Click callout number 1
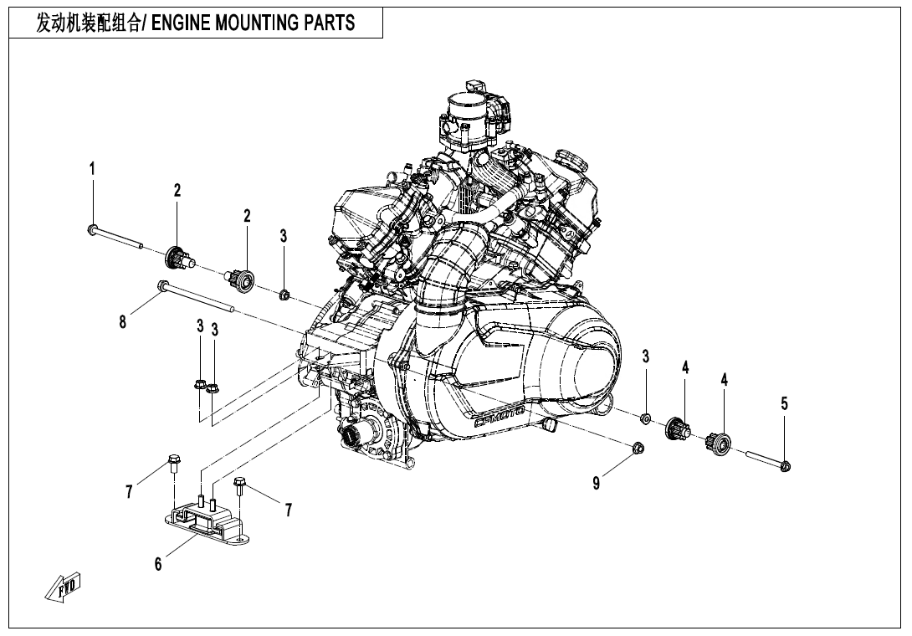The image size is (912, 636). click(92, 168)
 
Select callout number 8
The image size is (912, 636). click(123, 321)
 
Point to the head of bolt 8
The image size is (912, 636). click(159, 287)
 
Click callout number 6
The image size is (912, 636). click(158, 564)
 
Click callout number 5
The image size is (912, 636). click(784, 403)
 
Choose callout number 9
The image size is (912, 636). click(596, 483)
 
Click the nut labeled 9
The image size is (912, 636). click(637, 447)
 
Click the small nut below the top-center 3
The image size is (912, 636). click(284, 294)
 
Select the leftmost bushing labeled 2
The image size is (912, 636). click(177, 256)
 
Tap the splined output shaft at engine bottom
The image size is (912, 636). click(351, 436)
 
